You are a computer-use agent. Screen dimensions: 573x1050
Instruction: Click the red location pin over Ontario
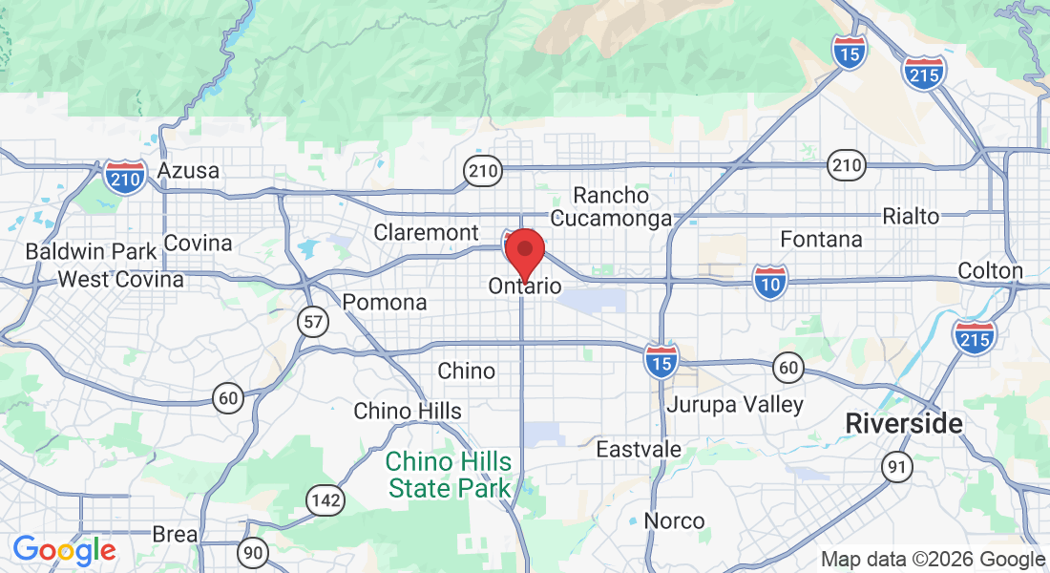(524, 252)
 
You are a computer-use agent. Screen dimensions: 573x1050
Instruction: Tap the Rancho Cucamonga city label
(612, 207)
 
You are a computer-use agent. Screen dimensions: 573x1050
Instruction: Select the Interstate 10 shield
(770, 282)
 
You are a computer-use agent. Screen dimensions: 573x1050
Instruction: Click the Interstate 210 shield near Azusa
(126, 178)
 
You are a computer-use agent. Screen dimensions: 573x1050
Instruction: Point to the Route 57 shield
(313, 322)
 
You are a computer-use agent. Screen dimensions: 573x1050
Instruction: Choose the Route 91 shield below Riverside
(897, 466)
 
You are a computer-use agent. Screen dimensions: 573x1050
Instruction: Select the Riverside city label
(905, 424)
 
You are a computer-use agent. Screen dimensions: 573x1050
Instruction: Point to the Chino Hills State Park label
(449, 476)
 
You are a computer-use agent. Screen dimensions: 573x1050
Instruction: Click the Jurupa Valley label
(735, 405)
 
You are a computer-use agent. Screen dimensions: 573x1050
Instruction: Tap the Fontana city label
(821, 239)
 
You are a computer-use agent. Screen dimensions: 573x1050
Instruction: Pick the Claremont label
(426, 232)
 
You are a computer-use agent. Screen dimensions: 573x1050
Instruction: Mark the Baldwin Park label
(92, 252)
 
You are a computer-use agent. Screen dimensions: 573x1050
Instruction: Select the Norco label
(674, 521)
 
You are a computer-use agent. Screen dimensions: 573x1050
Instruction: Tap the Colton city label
(990, 271)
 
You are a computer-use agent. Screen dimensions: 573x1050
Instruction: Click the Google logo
(64, 550)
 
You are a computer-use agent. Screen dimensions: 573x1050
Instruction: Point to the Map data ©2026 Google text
(933, 560)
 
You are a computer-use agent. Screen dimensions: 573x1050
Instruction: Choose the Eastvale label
(639, 449)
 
